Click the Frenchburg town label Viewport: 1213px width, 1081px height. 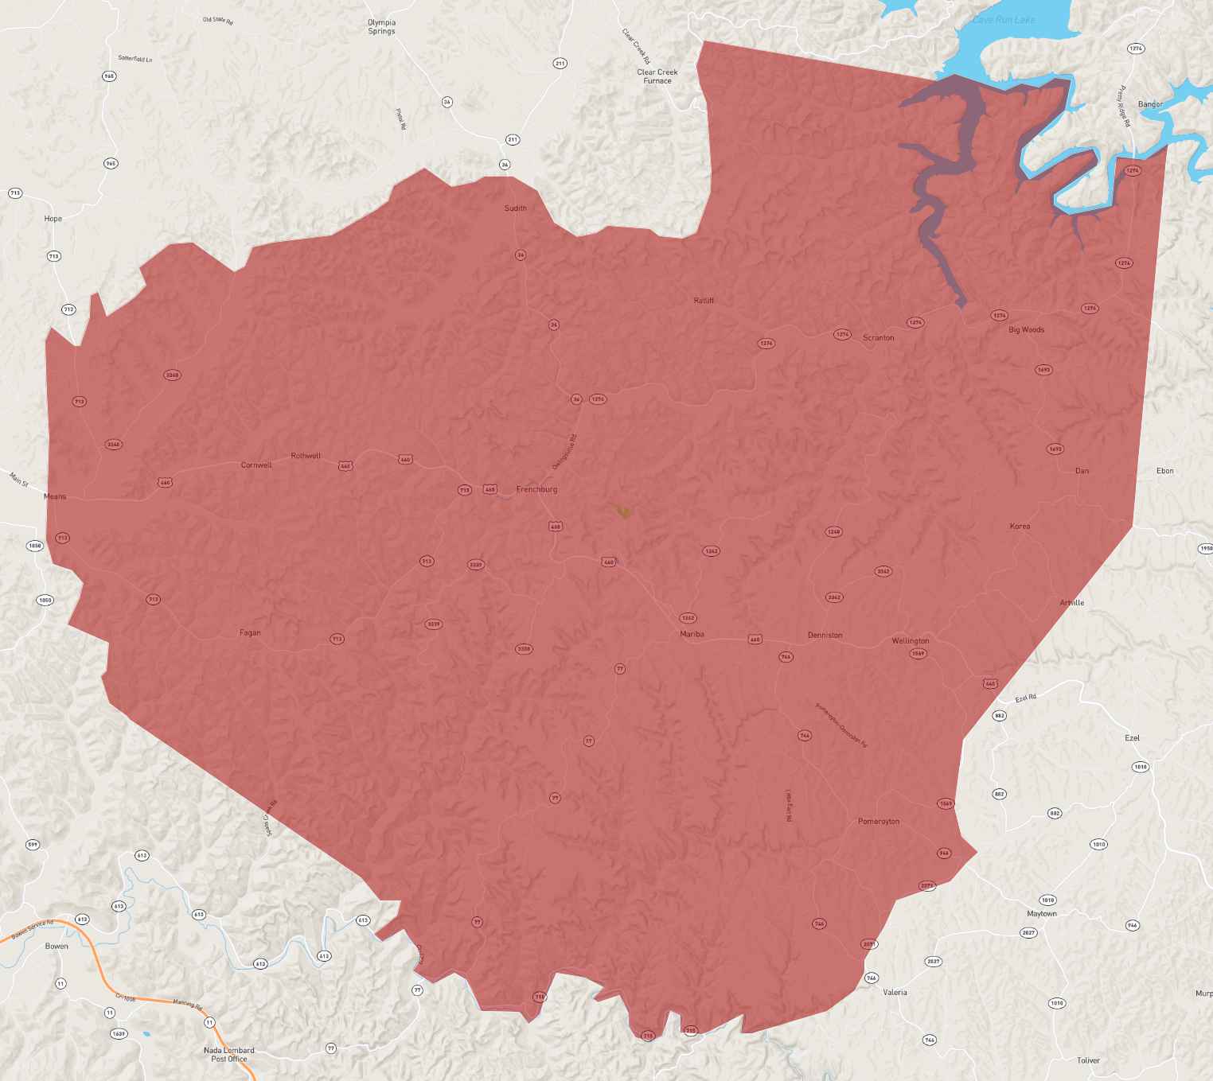click(x=536, y=489)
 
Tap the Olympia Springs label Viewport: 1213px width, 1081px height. click(x=381, y=27)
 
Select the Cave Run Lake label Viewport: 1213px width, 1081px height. click(x=1004, y=20)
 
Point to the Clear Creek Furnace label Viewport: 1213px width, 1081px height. click(x=657, y=76)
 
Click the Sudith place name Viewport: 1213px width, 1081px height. click(x=516, y=208)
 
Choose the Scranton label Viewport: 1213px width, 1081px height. click(x=879, y=338)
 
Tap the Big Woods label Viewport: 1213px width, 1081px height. click(x=1026, y=330)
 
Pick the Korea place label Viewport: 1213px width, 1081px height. click(x=1020, y=527)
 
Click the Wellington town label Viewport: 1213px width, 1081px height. click(x=911, y=641)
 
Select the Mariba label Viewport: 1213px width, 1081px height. click(x=692, y=634)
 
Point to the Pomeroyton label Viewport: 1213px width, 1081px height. click(x=879, y=822)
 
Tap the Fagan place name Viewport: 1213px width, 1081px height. click(x=250, y=633)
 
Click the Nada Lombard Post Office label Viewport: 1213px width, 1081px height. click(x=229, y=1055)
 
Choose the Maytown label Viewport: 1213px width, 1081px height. click(x=1042, y=914)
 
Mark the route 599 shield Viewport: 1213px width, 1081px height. click(x=33, y=845)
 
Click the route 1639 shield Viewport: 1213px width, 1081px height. click(x=119, y=1034)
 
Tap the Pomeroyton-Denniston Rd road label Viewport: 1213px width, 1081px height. click(x=841, y=725)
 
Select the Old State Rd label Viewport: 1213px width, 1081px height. click(x=218, y=20)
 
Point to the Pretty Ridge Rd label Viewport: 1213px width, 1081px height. click(x=1124, y=107)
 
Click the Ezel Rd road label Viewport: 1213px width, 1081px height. click(x=1026, y=698)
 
